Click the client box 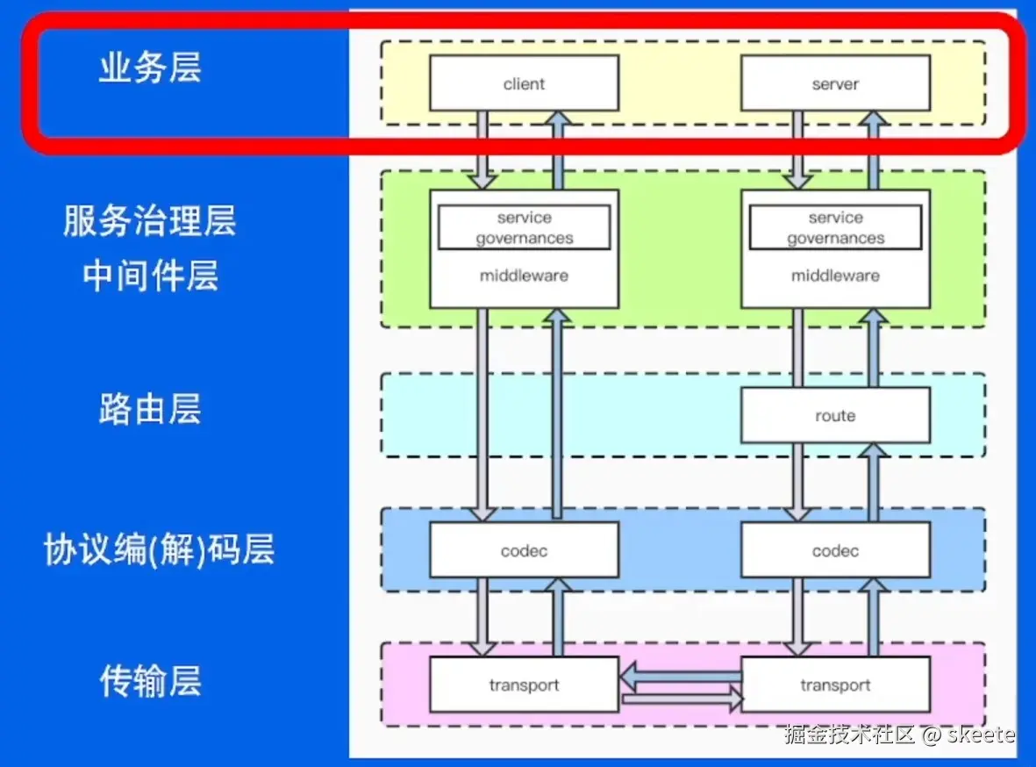pyautogui.click(x=524, y=83)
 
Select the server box pyautogui.click(x=835, y=83)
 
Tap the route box pyautogui.click(x=835, y=415)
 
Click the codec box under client pyautogui.click(x=524, y=551)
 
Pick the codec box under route pyautogui.click(x=835, y=551)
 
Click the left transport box pyautogui.click(x=524, y=685)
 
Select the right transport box pyautogui.click(x=835, y=685)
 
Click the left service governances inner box pyautogui.click(x=524, y=228)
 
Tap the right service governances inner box pyautogui.click(x=835, y=228)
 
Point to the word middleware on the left pyautogui.click(x=524, y=276)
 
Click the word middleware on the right pyautogui.click(x=835, y=276)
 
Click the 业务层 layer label pyautogui.click(x=150, y=68)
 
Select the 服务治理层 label pyautogui.click(x=150, y=221)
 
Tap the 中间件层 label pyautogui.click(x=150, y=276)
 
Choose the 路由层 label pyautogui.click(x=150, y=409)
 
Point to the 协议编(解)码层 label pyautogui.click(x=159, y=550)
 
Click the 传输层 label pyautogui.click(x=150, y=681)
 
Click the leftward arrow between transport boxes pyautogui.click(x=680, y=676)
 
